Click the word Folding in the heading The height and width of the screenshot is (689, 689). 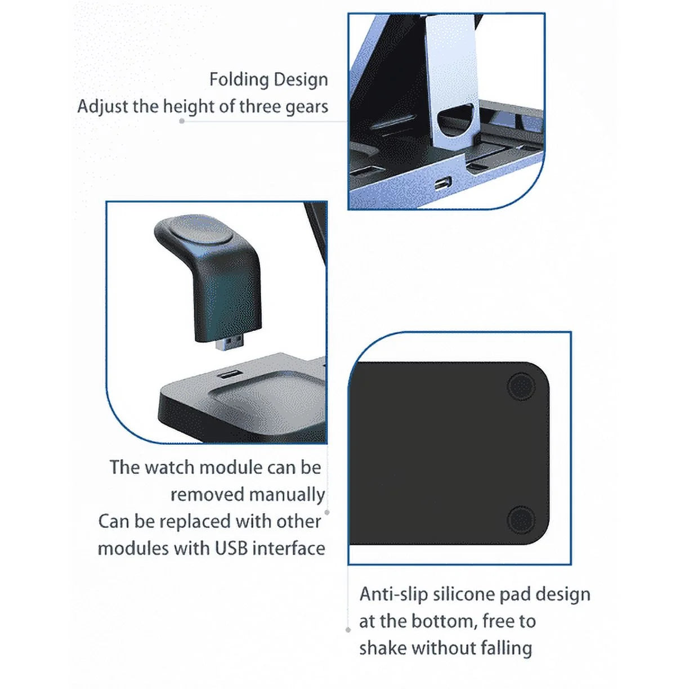(x=235, y=80)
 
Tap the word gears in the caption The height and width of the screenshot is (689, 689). (x=306, y=107)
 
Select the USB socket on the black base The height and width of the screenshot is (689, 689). (x=228, y=374)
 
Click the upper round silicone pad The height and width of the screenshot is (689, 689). (x=521, y=387)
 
